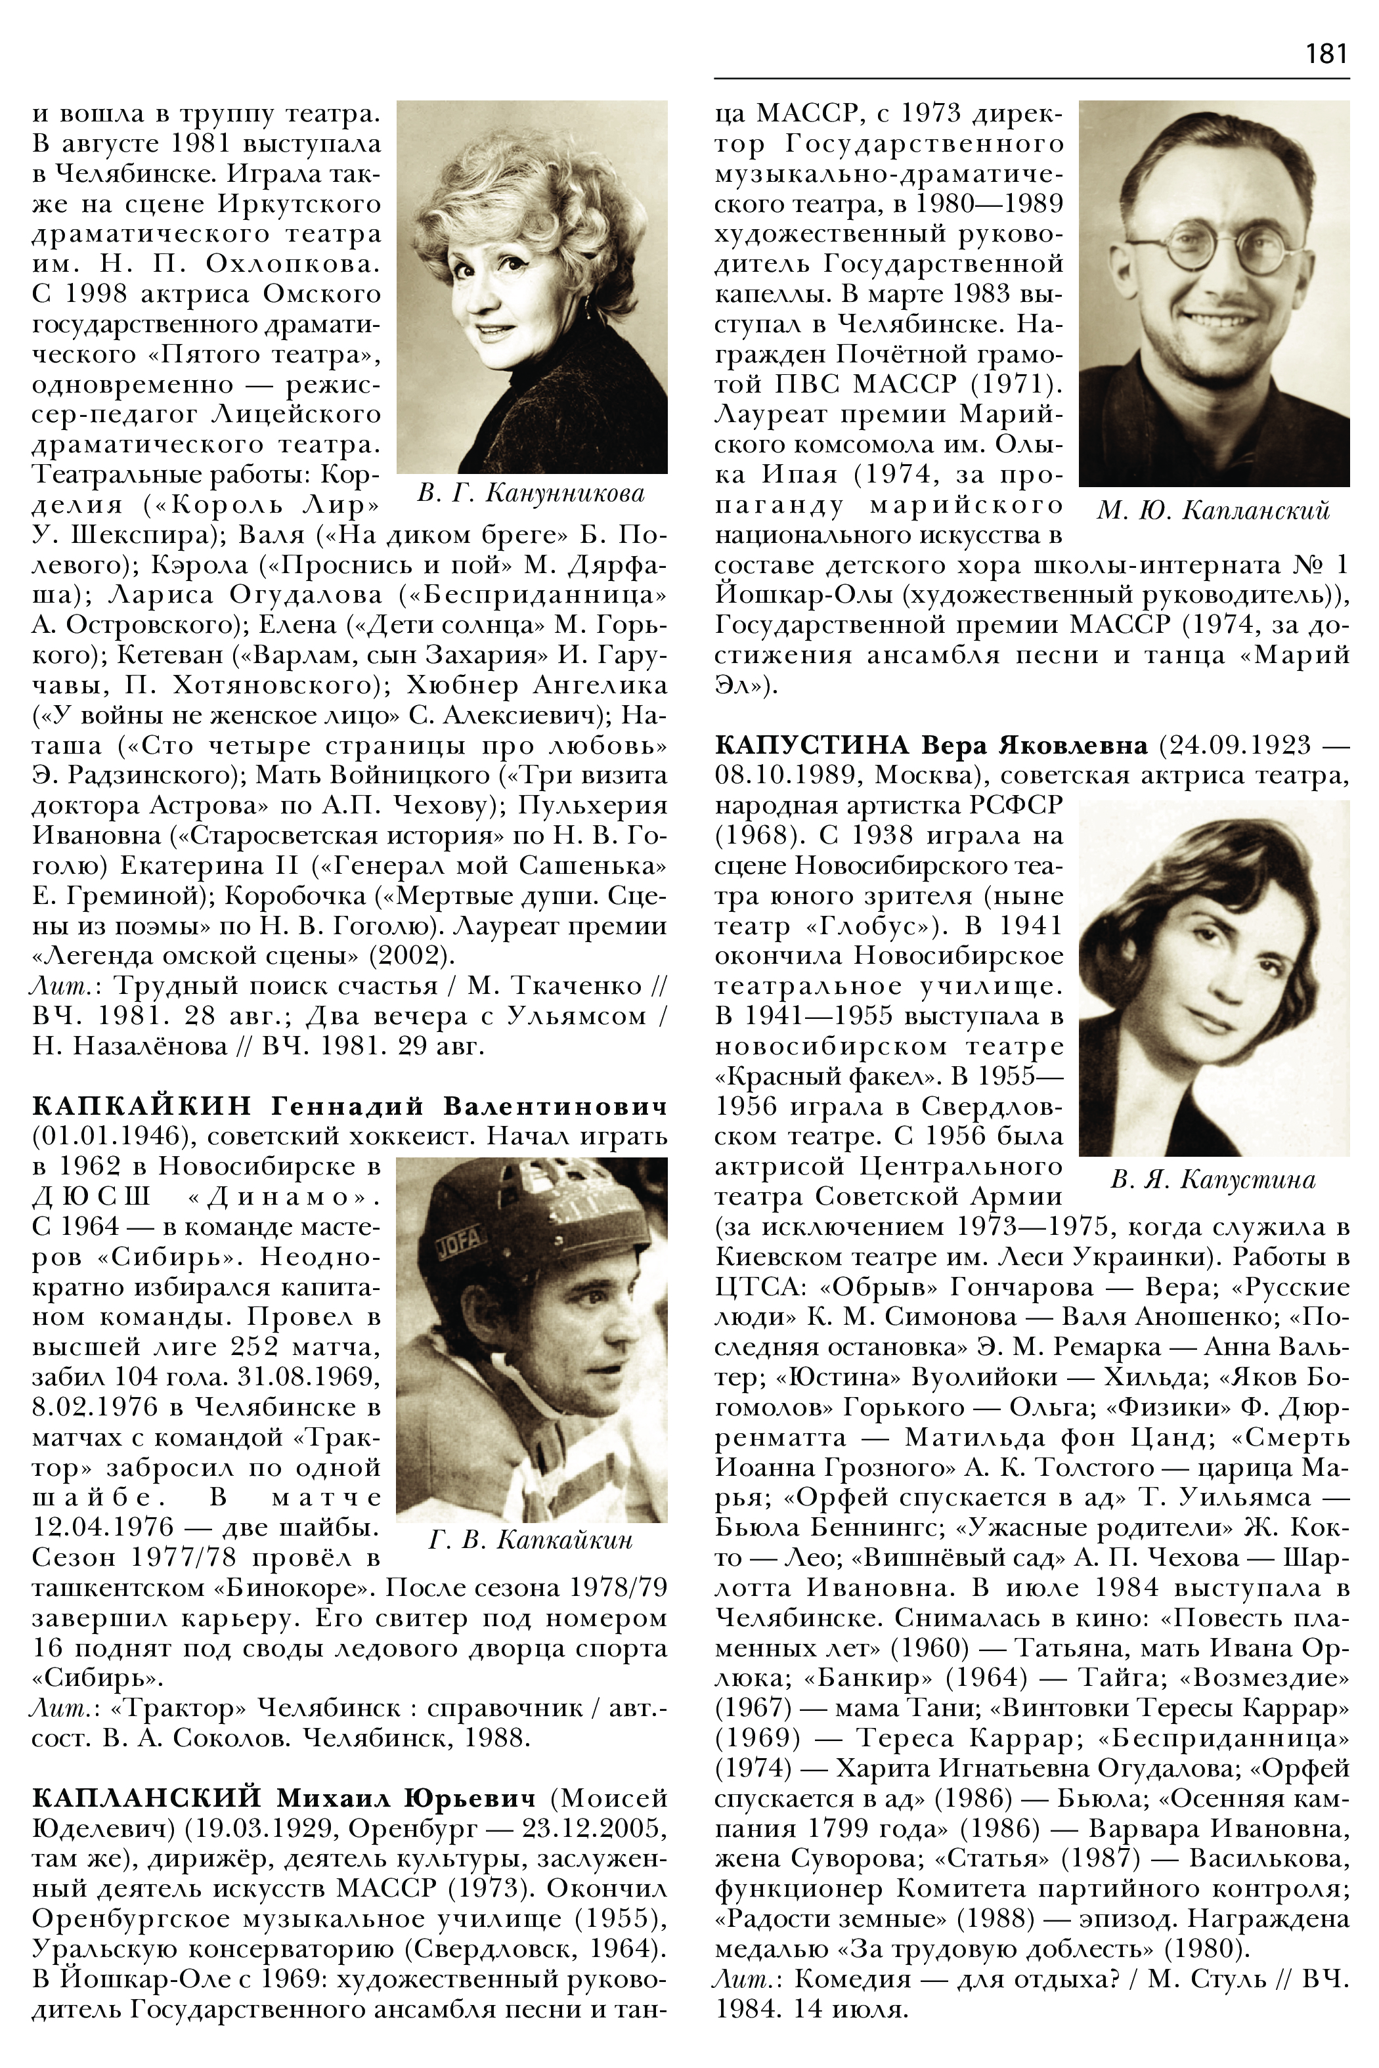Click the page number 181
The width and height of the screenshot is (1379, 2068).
click(1326, 54)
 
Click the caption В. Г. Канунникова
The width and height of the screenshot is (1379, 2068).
click(531, 493)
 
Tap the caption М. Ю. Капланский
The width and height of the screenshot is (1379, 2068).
click(1213, 510)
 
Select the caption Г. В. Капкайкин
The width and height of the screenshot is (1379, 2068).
click(531, 1540)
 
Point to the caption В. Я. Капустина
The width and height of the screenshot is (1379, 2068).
click(1213, 1180)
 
